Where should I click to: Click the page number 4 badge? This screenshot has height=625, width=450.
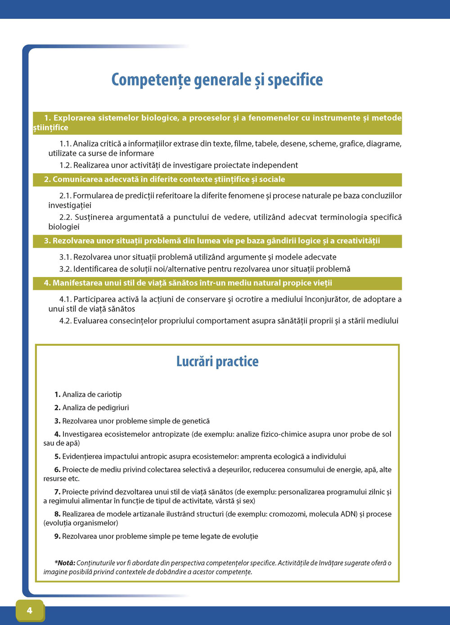coord(30,610)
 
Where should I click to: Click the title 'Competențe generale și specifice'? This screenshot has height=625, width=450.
coord(217,80)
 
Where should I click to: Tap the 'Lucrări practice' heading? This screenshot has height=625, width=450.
coord(217,362)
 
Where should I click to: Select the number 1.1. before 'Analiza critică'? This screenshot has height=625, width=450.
coord(65,144)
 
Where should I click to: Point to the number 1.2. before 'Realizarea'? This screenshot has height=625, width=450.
coord(65,165)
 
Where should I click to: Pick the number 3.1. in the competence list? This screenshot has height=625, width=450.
coord(65,257)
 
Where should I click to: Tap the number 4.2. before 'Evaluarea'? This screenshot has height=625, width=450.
coord(65,321)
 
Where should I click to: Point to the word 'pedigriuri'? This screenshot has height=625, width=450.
coord(113,408)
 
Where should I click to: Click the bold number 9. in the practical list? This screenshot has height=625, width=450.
coord(57,536)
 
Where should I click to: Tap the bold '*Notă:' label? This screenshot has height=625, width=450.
coord(65,563)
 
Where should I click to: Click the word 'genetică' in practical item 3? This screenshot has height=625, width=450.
coord(195,421)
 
